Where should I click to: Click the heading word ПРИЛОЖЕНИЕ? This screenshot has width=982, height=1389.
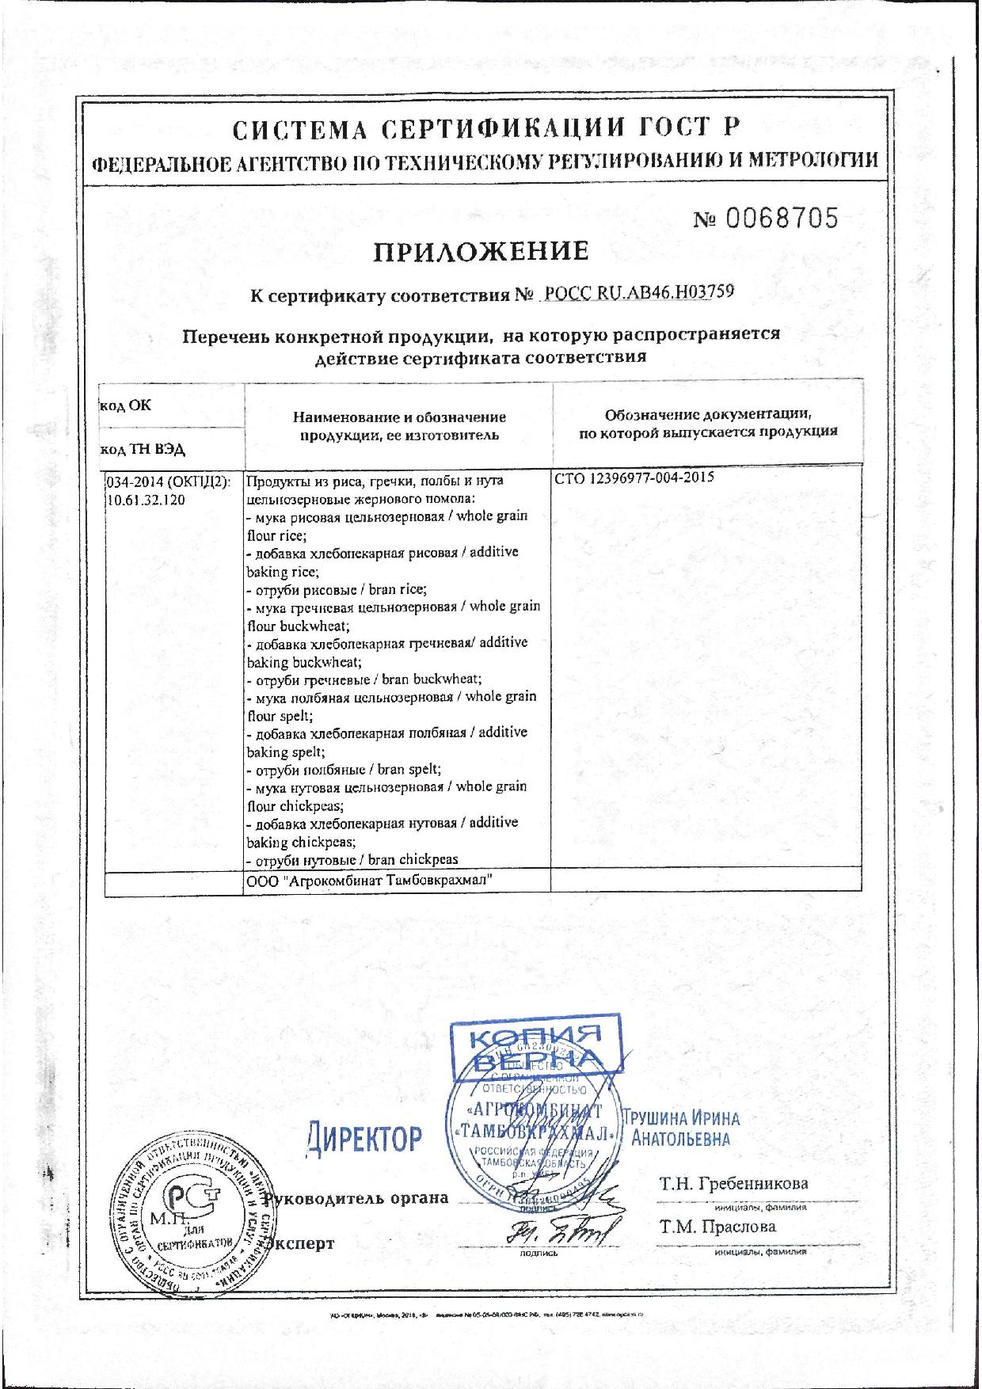(x=481, y=252)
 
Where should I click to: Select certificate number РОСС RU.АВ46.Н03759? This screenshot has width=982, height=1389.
(x=636, y=293)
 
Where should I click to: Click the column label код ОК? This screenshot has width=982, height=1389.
(x=125, y=405)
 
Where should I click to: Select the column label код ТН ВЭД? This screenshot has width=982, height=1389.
(x=143, y=449)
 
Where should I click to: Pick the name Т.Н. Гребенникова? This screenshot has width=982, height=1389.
(x=734, y=1184)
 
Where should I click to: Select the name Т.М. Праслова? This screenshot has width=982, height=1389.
(x=717, y=1227)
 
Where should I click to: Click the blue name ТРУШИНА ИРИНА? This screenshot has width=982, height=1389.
(x=682, y=1118)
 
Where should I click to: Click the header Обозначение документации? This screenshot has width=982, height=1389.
(x=708, y=414)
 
